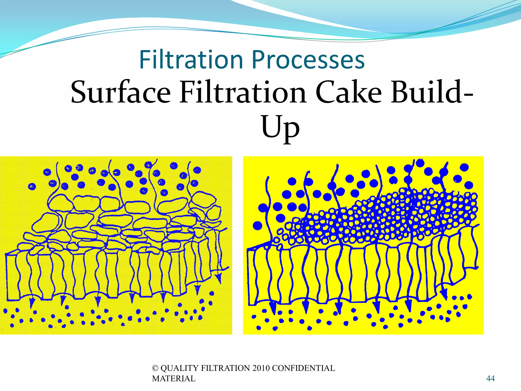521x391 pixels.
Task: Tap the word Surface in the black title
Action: pyautogui.click(x=121, y=92)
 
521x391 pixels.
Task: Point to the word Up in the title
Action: pyautogui.click(x=280, y=127)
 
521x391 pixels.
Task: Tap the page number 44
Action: pyautogui.click(x=490, y=379)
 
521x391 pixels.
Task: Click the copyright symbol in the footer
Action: pyautogui.click(x=155, y=368)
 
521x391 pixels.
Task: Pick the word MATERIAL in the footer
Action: pyautogui.click(x=174, y=379)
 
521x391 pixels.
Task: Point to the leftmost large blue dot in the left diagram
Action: pyautogui.click(x=32, y=186)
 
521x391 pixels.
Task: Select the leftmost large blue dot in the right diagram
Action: pyautogui.click(x=257, y=226)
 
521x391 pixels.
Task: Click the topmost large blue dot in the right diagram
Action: pyautogui.click(x=420, y=163)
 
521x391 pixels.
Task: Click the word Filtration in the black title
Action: pyautogui.click(x=243, y=92)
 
